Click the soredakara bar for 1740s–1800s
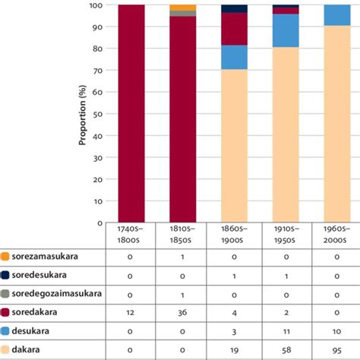pyautogui.click(x=136, y=114)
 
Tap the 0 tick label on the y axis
pyautogui.click(x=99, y=223)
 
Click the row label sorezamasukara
pyautogui.click(x=46, y=257)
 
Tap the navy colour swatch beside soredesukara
pyautogui.click(x=5, y=276)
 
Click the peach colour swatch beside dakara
pyautogui.click(x=5, y=350)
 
